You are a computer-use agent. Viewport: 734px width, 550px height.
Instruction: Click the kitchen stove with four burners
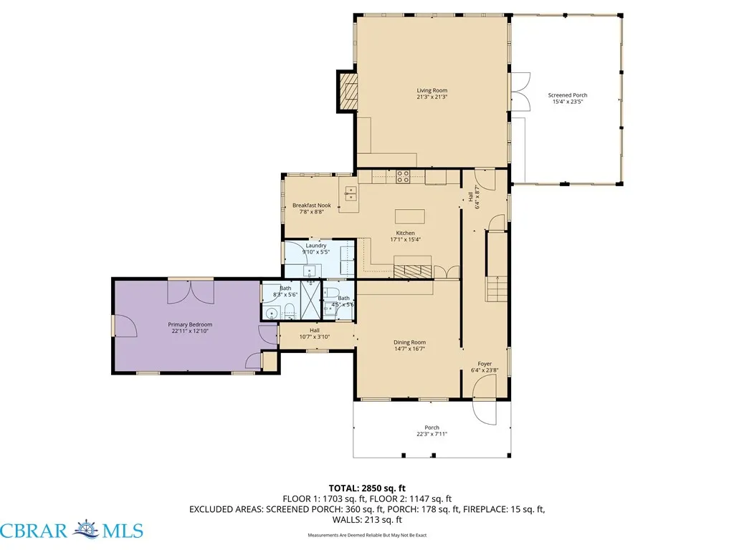[403, 176]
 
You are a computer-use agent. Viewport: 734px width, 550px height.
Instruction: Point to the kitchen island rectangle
[409, 217]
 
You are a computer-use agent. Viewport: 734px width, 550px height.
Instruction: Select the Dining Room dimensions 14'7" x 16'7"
[409, 349]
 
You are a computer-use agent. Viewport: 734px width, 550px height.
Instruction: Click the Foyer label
[485, 363]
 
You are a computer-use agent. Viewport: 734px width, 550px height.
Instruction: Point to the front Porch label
[432, 427]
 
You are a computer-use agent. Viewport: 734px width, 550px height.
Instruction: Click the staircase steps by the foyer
[497, 289]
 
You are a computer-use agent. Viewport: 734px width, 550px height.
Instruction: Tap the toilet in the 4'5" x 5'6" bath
[331, 293]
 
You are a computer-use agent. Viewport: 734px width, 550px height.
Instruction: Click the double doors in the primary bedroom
[191, 291]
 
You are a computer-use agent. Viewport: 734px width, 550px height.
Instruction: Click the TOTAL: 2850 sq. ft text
[367, 488]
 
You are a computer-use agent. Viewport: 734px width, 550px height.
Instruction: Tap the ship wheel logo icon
[87, 529]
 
